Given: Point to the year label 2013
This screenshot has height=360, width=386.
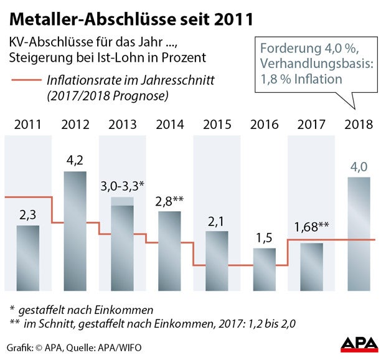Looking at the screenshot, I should coord(123,124).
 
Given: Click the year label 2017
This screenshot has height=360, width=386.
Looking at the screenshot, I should coord(311,124).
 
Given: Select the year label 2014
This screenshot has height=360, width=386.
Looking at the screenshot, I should coord(170,124).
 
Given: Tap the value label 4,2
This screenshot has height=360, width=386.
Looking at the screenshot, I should coord(75,160).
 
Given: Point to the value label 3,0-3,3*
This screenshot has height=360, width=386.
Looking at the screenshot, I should coord(123,186).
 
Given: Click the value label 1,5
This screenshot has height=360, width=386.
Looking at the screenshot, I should coord(264,237).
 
